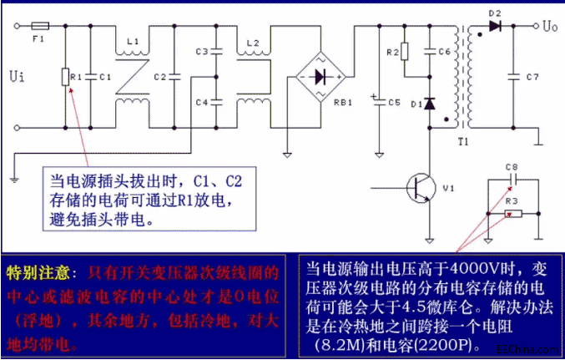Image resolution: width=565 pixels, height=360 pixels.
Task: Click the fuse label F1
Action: click(x=37, y=38)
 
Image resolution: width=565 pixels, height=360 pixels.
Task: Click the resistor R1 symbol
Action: click(x=64, y=77)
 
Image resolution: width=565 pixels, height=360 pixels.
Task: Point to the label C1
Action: click(x=103, y=77)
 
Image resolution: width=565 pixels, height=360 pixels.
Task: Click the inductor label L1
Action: click(x=132, y=40)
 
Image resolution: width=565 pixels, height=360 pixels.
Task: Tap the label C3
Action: click(x=200, y=53)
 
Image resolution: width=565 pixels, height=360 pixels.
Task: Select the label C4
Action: click(x=200, y=102)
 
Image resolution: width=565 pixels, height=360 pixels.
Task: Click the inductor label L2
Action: click(x=254, y=41)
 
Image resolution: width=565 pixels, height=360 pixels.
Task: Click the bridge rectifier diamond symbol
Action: click(x=320, y=77)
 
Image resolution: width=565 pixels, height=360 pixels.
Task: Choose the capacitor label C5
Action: click(x=394, y=102)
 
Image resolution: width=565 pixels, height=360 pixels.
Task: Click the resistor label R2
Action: click(x=392, y=53)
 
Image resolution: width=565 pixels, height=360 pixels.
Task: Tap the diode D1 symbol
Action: click(x=430, y=104)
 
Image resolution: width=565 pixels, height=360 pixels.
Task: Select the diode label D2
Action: click(x=495, y=13)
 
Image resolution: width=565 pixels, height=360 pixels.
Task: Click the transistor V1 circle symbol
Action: click(x=421, y=189)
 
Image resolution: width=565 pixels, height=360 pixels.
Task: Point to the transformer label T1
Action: click(x=463, y=143)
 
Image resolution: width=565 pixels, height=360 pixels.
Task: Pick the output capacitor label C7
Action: click(x=532, y=77)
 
